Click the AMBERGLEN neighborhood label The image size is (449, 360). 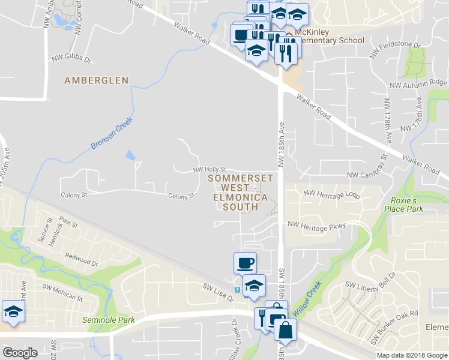point(97,80)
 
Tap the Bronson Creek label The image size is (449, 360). point(111,134)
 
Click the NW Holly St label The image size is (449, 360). point(209,170)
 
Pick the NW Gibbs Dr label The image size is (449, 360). point(71,60)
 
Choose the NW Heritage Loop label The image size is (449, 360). point(332,194)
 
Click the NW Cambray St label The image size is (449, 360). point(369,175)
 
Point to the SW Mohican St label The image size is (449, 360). point(62,295)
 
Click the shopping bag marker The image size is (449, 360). point(285,331)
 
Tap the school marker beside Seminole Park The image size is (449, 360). point(12,311)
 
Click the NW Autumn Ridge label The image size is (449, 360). point(420,83)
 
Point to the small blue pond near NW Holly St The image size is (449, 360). point(130,155)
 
